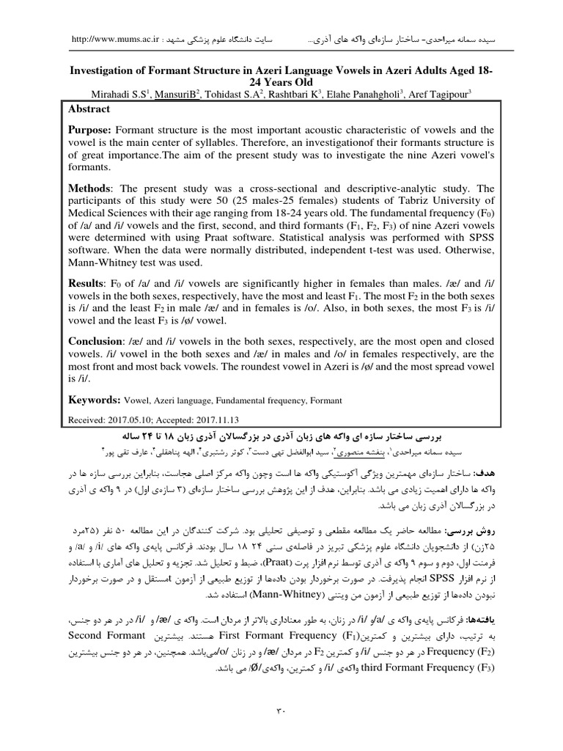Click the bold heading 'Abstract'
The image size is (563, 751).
click(x=89, y=109)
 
